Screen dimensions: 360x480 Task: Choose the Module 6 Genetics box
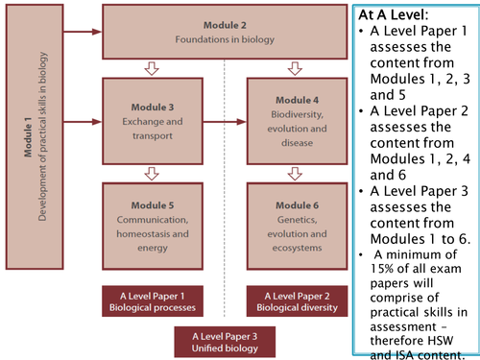pos(296,218)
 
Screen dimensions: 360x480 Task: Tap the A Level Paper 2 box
pos(296,300)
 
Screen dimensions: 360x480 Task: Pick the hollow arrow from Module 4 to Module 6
pos(296,174)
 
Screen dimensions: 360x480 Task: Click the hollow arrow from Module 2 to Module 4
pos(296,69)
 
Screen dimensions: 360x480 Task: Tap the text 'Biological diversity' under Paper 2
pos(296,308)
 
